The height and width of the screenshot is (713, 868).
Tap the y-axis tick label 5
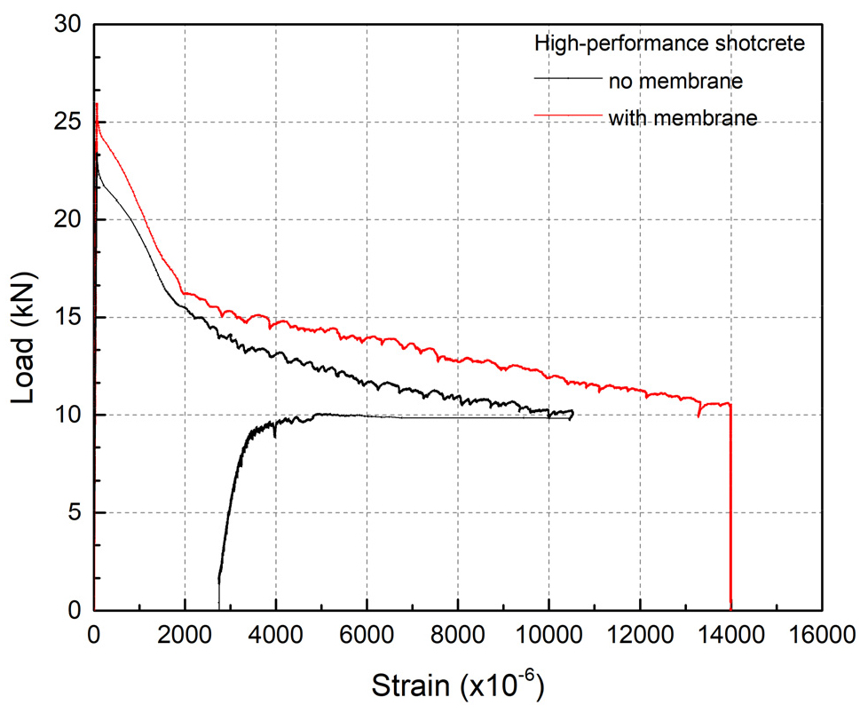[x=75, y=513]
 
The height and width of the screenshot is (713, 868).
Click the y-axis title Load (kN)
[x=27, y=318]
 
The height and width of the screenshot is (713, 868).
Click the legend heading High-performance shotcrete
[x=669, y=44]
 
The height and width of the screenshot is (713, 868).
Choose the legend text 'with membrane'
[x=683, y=117]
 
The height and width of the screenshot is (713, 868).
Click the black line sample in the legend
[x=568, y=78]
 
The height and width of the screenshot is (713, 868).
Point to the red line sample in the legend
[x=568, y=115]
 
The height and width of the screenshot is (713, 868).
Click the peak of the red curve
[x=96, y=104]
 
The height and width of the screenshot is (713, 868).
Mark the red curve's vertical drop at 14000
[x=730, y=515]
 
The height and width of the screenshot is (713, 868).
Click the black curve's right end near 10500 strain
[x=573, y=412]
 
